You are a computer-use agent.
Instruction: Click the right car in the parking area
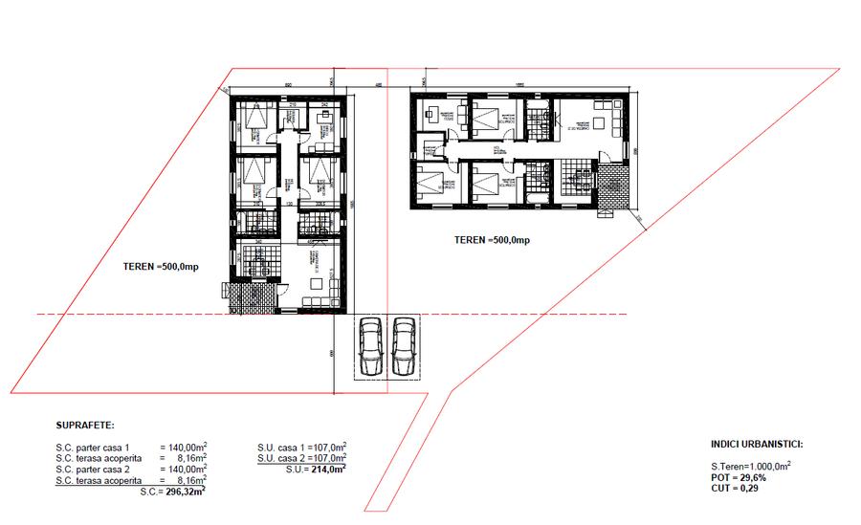tap(403, 346)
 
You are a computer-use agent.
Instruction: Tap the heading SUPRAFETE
tap(86, 425)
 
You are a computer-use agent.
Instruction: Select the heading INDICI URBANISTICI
tap(757, 445)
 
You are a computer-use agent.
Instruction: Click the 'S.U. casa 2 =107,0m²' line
tap(301, 458)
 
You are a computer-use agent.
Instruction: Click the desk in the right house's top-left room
tap(431, 114)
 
